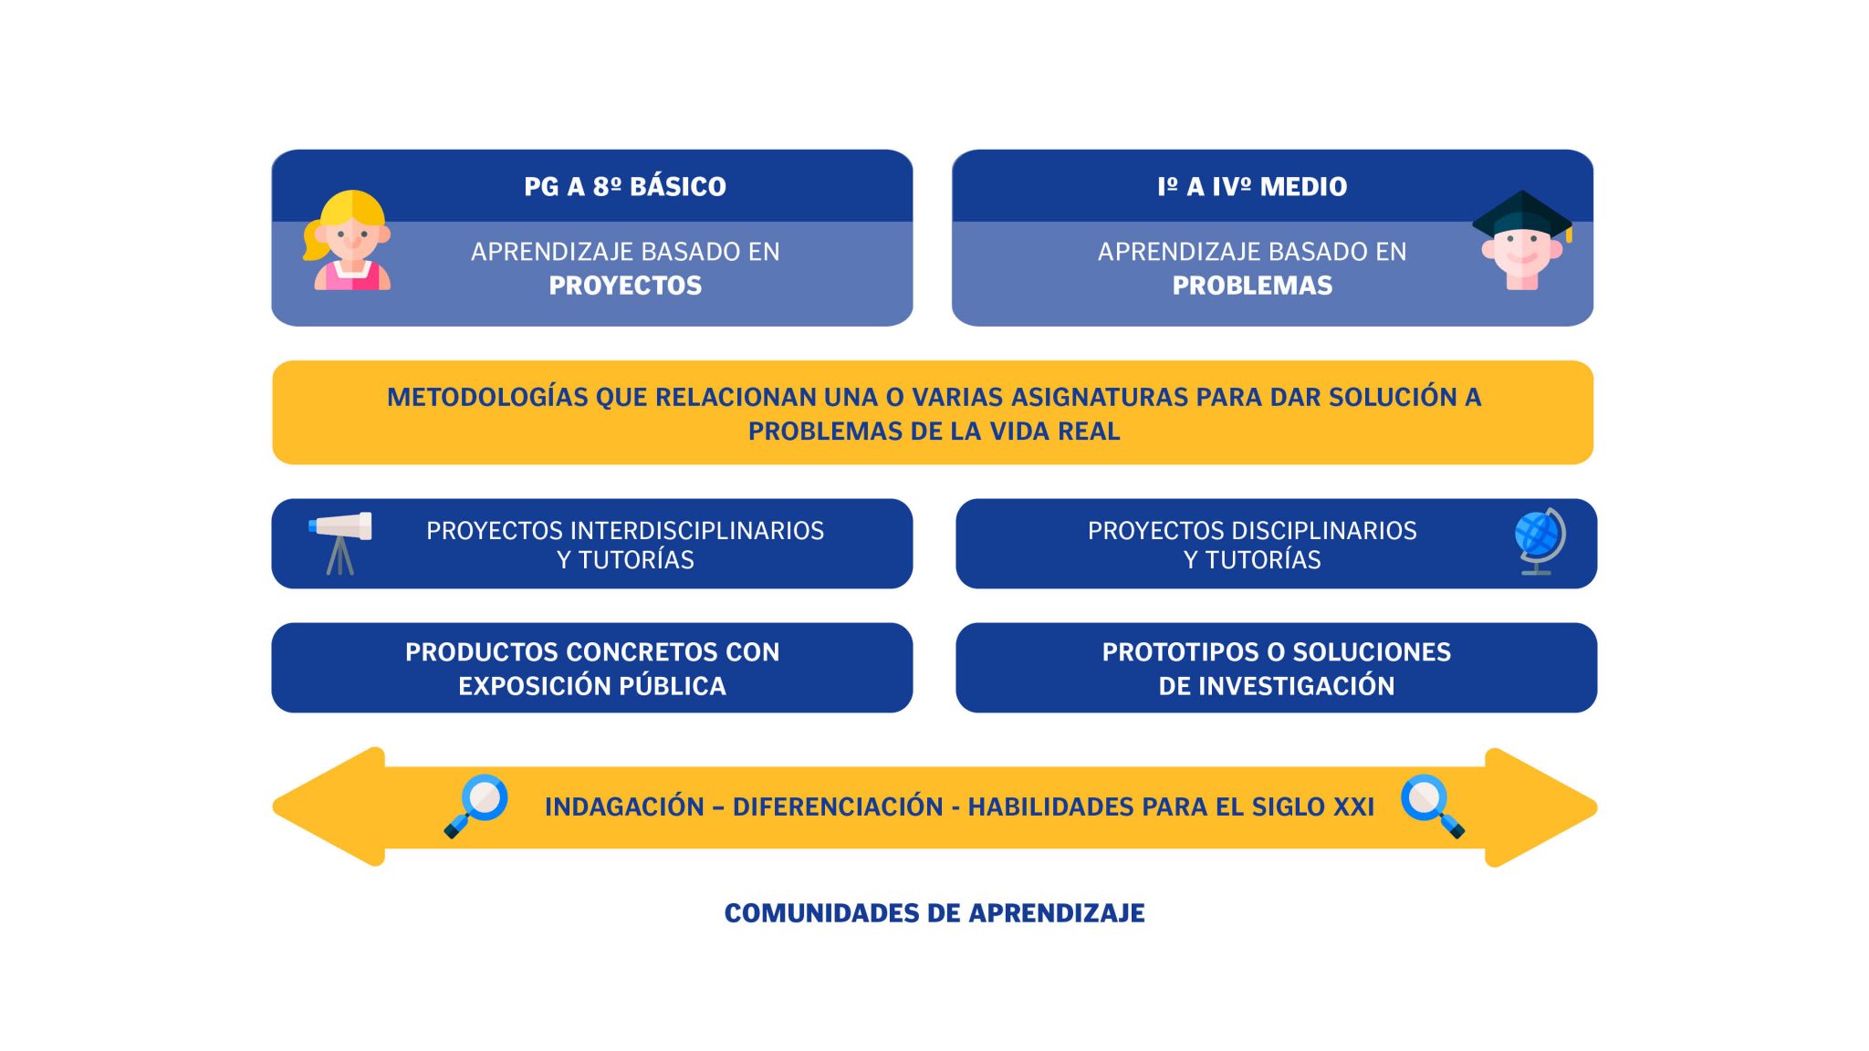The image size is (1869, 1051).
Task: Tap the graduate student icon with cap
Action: click(1522, 241)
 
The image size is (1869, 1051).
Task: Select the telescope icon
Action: click(340, 543)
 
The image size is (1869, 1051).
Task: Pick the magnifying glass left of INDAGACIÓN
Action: click(475, 806)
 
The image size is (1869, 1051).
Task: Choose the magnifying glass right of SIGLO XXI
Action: click(1433, 806)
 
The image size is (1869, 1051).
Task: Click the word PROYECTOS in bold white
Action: click(625, 286)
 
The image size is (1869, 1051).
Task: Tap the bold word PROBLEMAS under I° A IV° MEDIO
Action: click(1252, 286)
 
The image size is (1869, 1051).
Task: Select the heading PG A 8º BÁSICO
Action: click(625, 186)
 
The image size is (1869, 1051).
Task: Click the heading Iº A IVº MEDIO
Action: click(1252, 186)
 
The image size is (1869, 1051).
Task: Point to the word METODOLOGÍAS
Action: click(487, 397)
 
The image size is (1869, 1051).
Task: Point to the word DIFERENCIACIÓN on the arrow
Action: click(838, 806)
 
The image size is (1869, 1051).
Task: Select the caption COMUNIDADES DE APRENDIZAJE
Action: click(934, 913)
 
